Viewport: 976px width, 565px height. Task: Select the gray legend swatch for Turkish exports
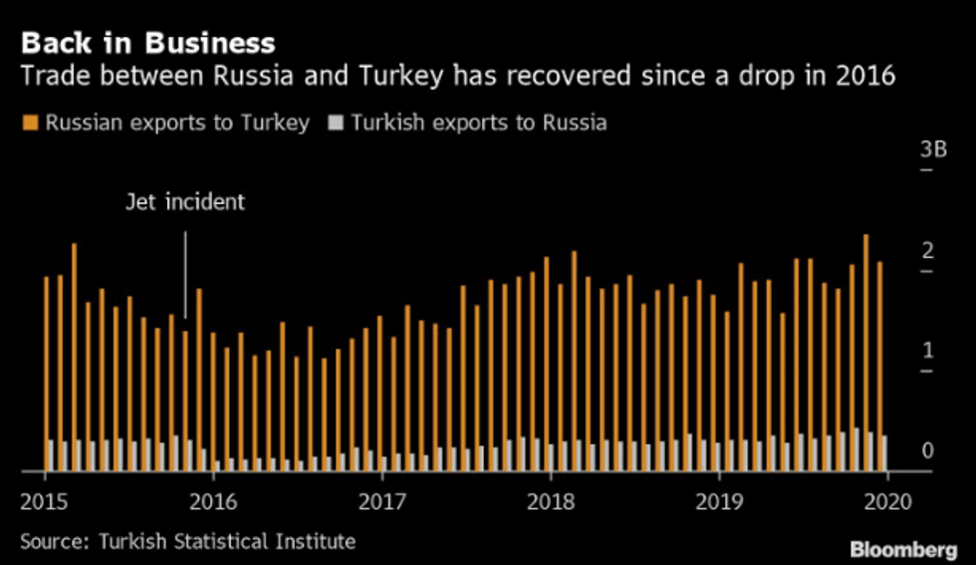tap(336, 124)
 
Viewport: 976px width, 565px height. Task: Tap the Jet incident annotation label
tap(185, 202)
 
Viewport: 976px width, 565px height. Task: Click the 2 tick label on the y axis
tap(928, 250)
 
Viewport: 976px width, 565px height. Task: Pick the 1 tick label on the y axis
tap(928, 350)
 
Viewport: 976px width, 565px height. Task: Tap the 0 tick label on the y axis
tap(928, 451)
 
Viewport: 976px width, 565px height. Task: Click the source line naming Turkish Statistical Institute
tap(187, 541)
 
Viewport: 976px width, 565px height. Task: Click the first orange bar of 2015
tap(46, 373)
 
